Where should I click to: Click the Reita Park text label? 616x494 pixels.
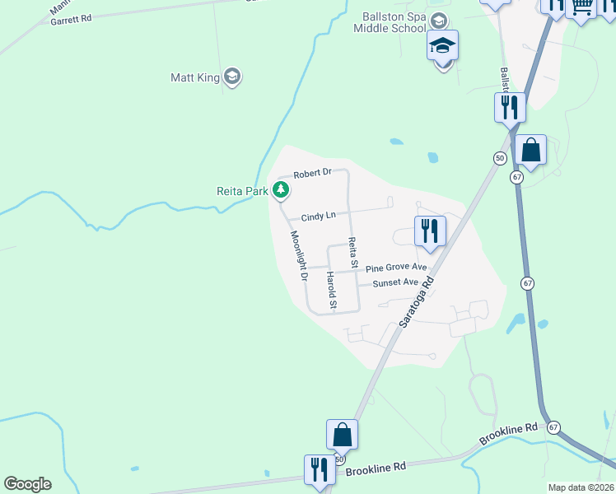pyautogui.click(x=242, y=191)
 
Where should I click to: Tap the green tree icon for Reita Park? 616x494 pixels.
pyautogui.click(x=282, y=190)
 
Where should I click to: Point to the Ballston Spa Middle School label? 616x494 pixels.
pyautogui.click(x=395, y=23)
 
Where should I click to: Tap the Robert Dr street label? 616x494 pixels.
pyautogui.click(x=313, y=173)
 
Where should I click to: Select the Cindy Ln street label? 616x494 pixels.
pyautogui.click(x=318, y=216)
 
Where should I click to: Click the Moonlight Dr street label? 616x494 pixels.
pyautogui.click(x=297, y=256)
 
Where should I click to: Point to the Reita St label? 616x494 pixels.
pyautogui.click(x=352, y=253)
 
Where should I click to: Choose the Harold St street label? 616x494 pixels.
pyautogui.click(x=331, y=291)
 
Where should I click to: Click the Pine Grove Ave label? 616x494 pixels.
pyautogui.click(x=396, y=268)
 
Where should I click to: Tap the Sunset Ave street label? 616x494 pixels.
pyautogui.click(x=396, y=282)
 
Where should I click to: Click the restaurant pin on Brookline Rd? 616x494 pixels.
pyautogui.click(x=318, y=469)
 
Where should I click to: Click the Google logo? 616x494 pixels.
pyautogui.click(x=27, y=484)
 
